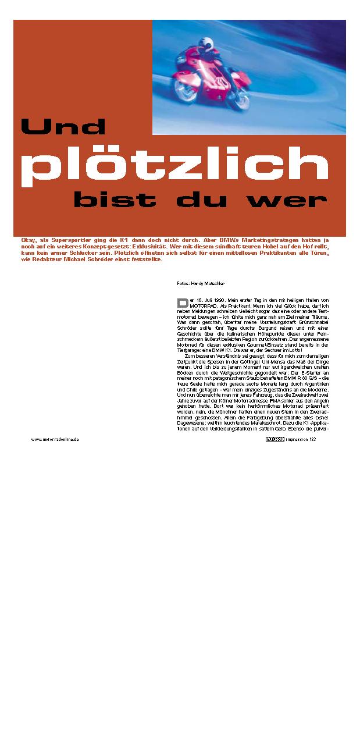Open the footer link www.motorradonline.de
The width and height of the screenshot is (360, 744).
(55, 439)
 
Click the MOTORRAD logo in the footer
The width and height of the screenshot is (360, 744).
(275, 439)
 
